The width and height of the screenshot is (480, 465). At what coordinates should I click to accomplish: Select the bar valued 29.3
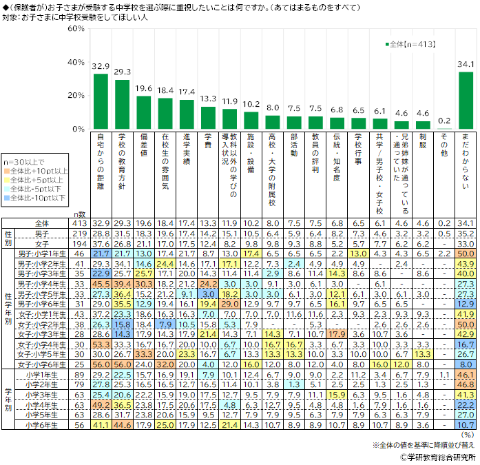123,105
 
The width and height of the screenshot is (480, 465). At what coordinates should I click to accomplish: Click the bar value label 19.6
144,89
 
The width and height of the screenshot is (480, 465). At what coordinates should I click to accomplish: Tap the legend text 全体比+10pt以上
41,171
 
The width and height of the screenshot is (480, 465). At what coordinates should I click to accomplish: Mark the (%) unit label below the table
467,435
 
